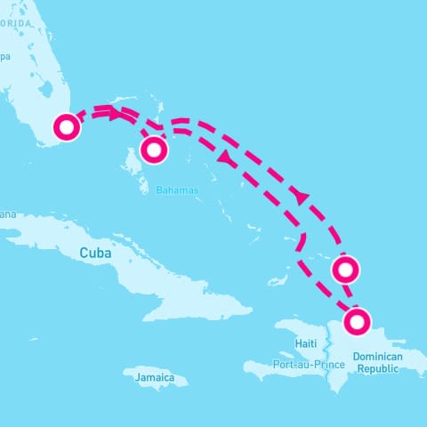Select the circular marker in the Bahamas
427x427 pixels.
point(155,149)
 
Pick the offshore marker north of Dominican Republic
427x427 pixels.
point(345,268)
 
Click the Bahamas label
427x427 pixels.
point(177,190)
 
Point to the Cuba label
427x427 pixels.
point(96,253)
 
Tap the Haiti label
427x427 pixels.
point(306,343)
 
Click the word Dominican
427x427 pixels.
point(377,357)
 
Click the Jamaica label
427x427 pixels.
point(155,378)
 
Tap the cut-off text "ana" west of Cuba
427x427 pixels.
point(8,214)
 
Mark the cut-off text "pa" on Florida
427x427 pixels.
point(4,58)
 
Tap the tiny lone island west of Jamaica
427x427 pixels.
point(34,339)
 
